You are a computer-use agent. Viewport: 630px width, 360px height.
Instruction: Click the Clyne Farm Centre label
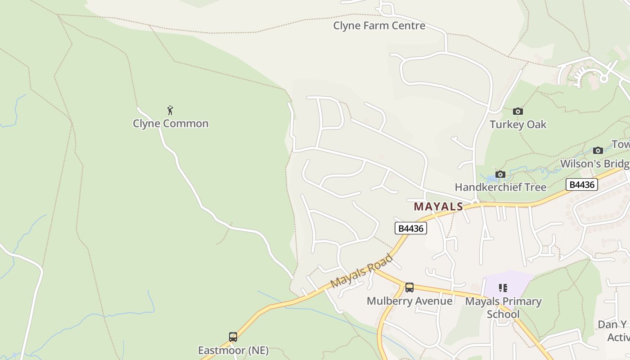click(379, 26)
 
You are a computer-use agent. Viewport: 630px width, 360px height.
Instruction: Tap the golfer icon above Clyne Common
click(170, 110)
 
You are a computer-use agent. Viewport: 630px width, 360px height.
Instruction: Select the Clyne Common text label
click(171, 123)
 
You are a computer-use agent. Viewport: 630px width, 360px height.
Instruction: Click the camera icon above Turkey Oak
click(518, 111)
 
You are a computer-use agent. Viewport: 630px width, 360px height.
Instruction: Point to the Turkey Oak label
click(518, 125)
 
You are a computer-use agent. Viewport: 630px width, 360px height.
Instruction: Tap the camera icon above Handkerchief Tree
click(500, 174)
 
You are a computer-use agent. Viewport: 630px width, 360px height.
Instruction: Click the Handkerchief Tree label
click(500, 187)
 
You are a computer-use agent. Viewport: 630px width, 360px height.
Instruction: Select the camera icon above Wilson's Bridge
click(598, 150)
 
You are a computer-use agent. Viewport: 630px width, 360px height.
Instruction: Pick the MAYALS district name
click(438, 207)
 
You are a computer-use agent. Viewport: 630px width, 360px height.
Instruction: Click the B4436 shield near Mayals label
click(410, 229)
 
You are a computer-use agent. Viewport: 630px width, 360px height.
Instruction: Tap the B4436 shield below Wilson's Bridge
click(581, 184)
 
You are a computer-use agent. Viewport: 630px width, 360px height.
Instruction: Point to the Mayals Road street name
click(361, 271)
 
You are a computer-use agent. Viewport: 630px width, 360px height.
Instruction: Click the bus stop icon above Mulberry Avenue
click(409, 288)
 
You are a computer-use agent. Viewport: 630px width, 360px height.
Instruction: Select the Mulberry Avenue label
click(409, 301)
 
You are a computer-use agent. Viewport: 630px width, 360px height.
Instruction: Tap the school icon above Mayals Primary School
click(503, 288)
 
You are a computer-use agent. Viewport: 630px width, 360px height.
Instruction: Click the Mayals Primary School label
click(503, 307)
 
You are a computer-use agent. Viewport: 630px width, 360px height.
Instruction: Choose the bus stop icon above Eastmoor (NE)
click(233, 337)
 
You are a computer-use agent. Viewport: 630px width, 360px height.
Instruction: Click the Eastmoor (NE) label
click(233, 351)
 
